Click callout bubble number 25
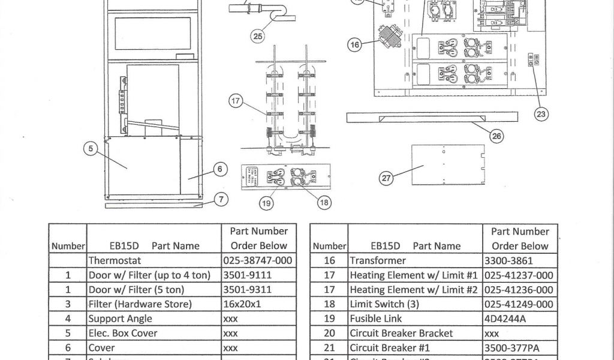pyautogui.click(x=257, y=37)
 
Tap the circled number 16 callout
pyautogui.click(x=356, y=44)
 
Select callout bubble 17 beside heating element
pyautogui.click(x=236, y=101)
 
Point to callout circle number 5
pyautogui.click(x=90, y=149)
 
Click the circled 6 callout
pyautogui.click(x=220, y=169)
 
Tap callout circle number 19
pyautogui.click(x=265, y=203)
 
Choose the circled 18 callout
pyautogui.click(x=324, y=203)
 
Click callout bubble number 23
pyautogui.click(x=541, y=114)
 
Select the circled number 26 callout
pyautogui.click(x=496, y=136)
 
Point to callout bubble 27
pyautogui.click(x=387, y=178)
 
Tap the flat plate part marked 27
pyautogui.click(x=447, y=163)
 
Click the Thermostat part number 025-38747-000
pyautogui.click(x=257, y=260)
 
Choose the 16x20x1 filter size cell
pyautogui.click(x=242, y=304)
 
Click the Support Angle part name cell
pyautogui.click(x=121, y=319)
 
